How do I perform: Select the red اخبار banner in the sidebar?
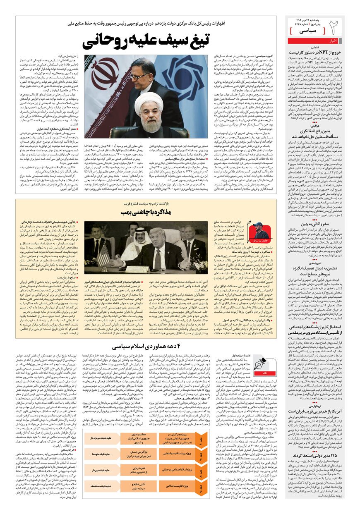point(334,41)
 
